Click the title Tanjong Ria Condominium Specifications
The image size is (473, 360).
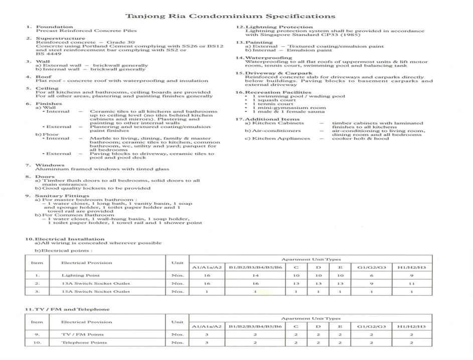click(x=230, y=16)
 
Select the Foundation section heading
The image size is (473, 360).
click(x=47, y=27)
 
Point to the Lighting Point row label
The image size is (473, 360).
click(x=80, y=275)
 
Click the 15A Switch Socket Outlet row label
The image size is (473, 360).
click(x=95, y=291)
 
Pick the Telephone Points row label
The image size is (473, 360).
click(x=84, y=342)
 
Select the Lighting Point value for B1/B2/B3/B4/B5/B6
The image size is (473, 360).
click(x=255, y=275)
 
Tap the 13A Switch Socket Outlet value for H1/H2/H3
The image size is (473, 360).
click(x=411, y=283)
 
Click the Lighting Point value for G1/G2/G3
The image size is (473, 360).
click(x=371, y=275)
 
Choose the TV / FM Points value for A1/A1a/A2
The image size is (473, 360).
click(x=207, y=334)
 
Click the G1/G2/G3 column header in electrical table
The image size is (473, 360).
click(x=371, y=267)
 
